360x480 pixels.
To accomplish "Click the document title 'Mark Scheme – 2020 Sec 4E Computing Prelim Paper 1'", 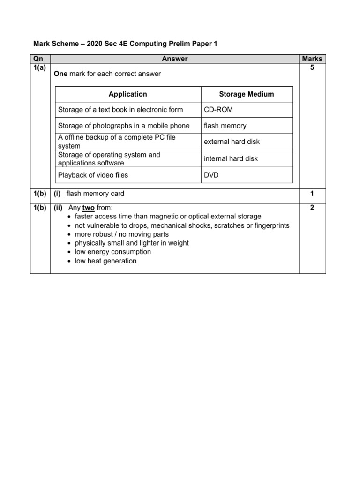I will [125, 44].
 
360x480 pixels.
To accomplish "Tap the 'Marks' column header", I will [312, 59].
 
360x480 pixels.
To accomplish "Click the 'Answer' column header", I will [174, 59].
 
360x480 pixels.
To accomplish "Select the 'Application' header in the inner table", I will [127, 94].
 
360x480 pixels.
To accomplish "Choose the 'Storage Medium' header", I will [247, 94].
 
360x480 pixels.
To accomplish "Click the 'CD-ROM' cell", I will [218, 110].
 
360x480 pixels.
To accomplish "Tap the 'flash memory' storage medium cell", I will [225, 126].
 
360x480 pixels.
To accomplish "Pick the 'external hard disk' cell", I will [232, 142].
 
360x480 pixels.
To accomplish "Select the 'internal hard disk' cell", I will [231, 158].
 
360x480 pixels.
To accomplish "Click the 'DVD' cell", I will [212, 175].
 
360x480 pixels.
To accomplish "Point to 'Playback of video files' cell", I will [93, 175].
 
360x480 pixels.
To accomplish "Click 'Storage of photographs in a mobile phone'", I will [124, 126].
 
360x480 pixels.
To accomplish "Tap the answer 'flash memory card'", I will [95, 194].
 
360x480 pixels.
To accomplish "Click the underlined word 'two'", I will [89, 208].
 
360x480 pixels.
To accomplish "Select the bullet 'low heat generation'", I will [105, 261].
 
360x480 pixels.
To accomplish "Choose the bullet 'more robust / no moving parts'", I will [121, 234].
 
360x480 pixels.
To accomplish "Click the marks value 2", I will [312, 208].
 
